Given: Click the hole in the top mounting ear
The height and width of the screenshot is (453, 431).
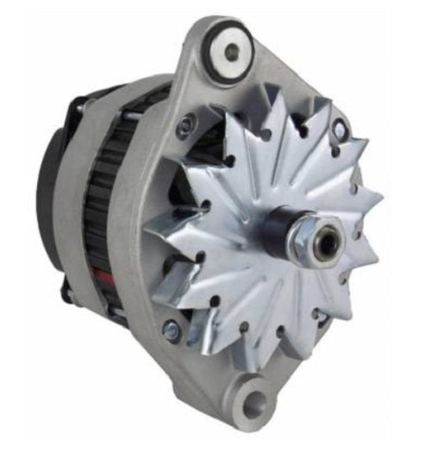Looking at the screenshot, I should [x=232, y=50].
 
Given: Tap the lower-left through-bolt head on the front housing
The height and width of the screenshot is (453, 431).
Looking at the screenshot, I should [x=173, y=328].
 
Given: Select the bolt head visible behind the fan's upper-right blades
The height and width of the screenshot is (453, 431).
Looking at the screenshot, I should [x=340, y=130].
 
